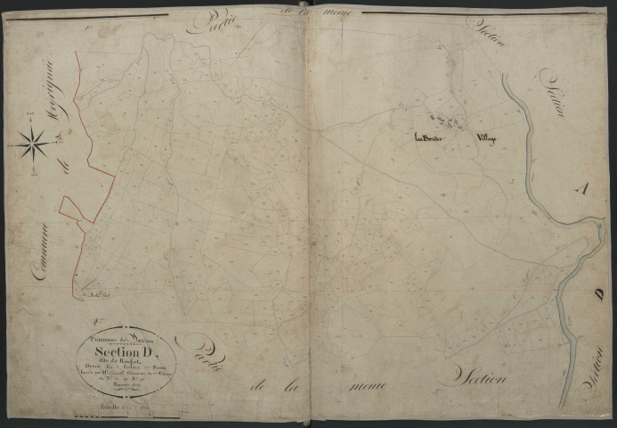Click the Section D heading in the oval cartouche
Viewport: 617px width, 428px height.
pos(127,349)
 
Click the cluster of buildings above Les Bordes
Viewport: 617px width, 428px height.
pos(442,119)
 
